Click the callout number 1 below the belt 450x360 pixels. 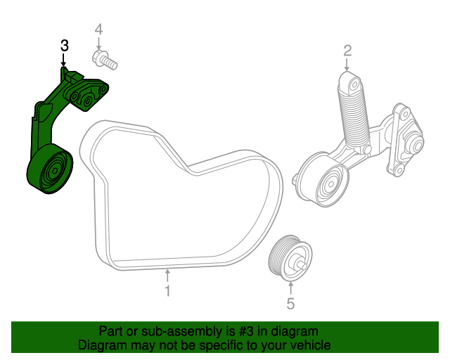tap(167, 290)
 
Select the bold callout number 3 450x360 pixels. tap(64, 46)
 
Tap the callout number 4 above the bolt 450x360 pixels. tap(98, 30)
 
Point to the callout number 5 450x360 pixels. tap(290, 304)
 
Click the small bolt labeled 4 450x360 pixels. tap(103, 60)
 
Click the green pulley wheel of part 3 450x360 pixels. tap(49, 171)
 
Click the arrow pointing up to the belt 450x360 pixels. tap(167, 275)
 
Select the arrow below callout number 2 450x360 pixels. tap(347, 64)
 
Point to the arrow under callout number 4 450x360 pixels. tap(98, 44)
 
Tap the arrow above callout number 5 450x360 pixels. tap(290, 288)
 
